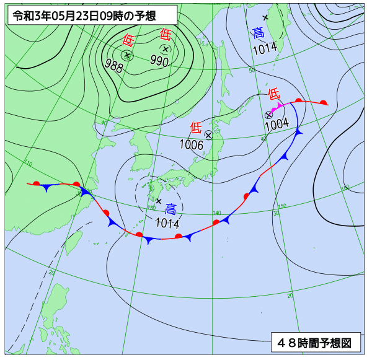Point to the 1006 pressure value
(192, 144)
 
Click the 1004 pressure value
(277, 124)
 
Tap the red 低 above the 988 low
(128, 41)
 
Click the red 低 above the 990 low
(165, 35)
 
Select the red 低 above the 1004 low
(273, 94)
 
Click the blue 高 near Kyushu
(170, 210)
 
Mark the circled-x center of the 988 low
(127, 55)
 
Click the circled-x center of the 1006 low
(208, 134)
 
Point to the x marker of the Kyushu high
(159, 201)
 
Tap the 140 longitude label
(216, 213)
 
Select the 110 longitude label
(28, 163)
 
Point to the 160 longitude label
(345, 187)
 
